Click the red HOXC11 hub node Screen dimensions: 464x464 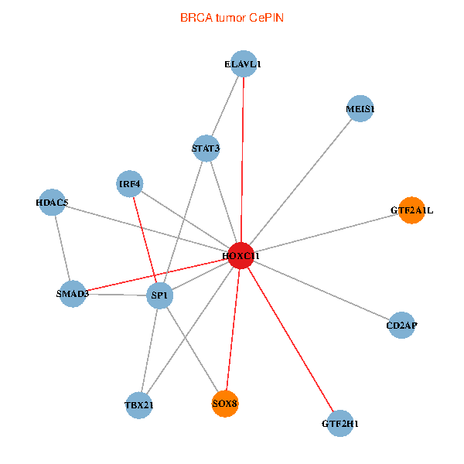(241, 255)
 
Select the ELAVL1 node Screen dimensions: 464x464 (244, 63)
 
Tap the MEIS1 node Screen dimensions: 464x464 (360, 108)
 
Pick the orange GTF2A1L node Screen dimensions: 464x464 (411, 210)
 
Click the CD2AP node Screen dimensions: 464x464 (401, 325)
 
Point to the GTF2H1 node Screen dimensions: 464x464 (340, 424)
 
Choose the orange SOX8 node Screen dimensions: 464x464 (225, 404)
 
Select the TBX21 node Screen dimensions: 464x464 (138, 405)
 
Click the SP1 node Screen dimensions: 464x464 (160, 295)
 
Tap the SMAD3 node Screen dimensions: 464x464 (73, 294)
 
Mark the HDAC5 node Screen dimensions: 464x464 (52, 202)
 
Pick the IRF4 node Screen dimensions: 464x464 (130, 184)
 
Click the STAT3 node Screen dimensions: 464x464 (206, 148)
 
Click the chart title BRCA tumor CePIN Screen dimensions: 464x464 (232, 18)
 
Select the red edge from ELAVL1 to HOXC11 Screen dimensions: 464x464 (242, 159)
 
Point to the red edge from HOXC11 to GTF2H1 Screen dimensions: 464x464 (291, 339)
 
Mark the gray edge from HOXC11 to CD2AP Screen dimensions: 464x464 (322, 290)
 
